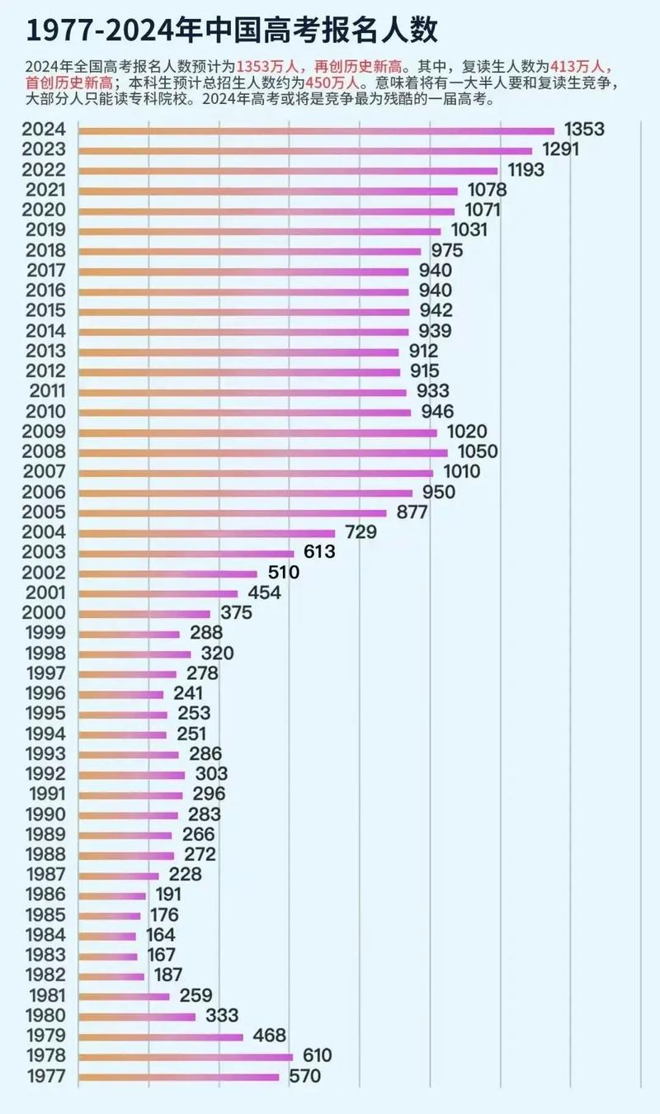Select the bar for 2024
[x=316, y=130]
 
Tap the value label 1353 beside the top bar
[x=585, y=130]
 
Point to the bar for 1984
[x=107, y=936]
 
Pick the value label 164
[x=160, y=935]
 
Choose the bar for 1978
[x=186, y=1056]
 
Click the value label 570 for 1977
[x=304, y=1076]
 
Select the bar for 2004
[x=207, y=533]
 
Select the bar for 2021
[x=268, y=191]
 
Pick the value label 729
[x=361, y=532]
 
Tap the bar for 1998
[x=134, y=654]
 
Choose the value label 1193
[x=526, y=170]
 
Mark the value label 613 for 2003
[x=319, y=552]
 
